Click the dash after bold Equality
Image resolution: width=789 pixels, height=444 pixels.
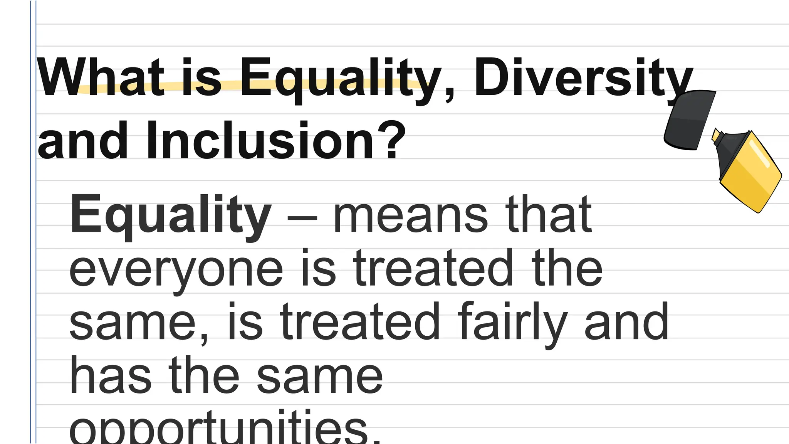coord(302,218)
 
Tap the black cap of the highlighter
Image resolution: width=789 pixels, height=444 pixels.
coord(690,120)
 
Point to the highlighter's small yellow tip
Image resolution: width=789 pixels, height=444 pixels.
coord(716,135)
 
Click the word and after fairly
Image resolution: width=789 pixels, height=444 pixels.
coord(626,322)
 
